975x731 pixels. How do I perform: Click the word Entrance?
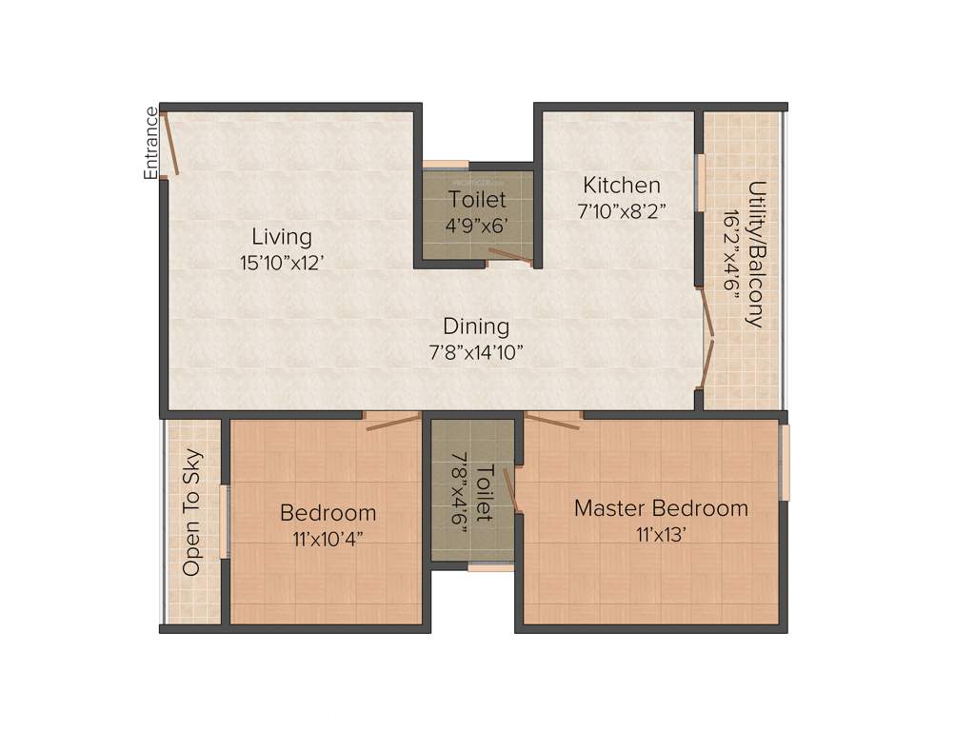pos(150,143)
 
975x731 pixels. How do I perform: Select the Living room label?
pos(281,236)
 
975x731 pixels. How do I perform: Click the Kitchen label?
pos(621,185)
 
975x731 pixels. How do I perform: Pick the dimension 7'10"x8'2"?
pos(621,211)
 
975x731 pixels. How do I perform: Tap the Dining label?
pos(476,326)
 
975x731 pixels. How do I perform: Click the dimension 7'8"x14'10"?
pos(476,352)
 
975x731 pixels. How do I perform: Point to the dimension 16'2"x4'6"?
pos(731,254)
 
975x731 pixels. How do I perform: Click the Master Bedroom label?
pos(661,508)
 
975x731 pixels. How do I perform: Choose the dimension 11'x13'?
pos(661,535)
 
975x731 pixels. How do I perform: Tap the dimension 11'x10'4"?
pos(328,539)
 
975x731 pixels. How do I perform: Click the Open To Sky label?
pos(191,512)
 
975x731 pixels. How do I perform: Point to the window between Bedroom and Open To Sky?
pos(226,522)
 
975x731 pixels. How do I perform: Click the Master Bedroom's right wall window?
pos(785,463)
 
